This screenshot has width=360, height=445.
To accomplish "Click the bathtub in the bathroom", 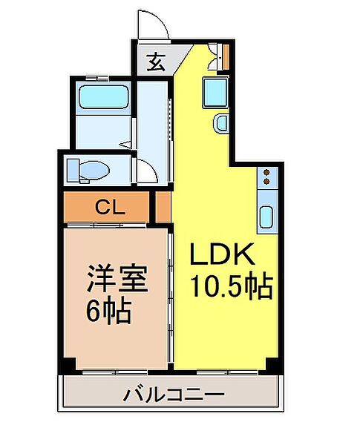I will [x=104, y=98].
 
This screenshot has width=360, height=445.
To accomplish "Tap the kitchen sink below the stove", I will [x=266, y=216].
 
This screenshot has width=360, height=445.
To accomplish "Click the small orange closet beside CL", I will [x=163, y=207].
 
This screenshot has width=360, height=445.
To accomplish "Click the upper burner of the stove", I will [x=266, y=173].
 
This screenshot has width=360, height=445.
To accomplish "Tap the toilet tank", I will [x=73, y=171].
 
